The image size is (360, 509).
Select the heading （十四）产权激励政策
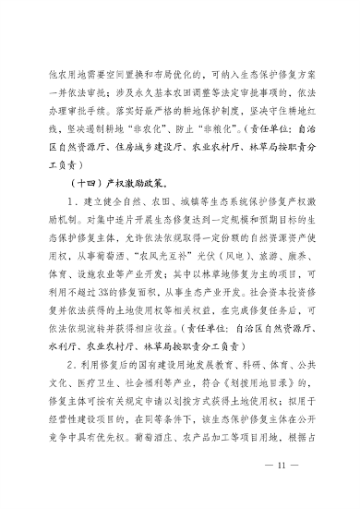pyautogui.click(x=114, y=181)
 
